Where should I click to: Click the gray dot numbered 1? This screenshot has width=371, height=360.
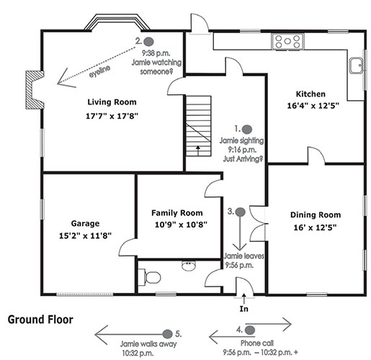tap(247, 130)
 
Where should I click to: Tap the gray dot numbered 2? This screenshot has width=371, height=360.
tap(148, 42)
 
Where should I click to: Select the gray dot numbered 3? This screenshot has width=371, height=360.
tap(240, 212)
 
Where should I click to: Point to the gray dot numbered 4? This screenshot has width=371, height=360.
tap(250, 330)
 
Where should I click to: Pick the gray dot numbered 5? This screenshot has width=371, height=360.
tap(167, 334)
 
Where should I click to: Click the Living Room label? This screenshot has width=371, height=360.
tap(112, 102)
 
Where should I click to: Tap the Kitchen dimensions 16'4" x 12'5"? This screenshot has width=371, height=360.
tap(313, 106)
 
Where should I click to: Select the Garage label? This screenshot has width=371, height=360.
tap(85, 223)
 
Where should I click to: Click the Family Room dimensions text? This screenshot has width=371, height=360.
tap(181, 225)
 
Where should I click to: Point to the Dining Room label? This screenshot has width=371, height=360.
tap(316, 215)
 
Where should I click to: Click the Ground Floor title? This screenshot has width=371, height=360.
tap(40, 320)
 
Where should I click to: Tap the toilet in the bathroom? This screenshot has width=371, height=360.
tap(149, 277)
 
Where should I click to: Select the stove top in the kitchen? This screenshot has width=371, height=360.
tap(287, 42)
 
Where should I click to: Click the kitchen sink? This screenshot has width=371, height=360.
tap(357, 66)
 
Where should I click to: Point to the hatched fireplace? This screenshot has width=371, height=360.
tap(35, 90)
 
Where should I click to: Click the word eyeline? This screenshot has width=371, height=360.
tap(99, 71)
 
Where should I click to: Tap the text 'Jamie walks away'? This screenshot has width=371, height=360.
tap(148, 344)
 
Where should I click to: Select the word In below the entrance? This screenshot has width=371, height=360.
tap(243, 309)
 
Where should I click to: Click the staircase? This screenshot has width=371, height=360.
tap(199, 126)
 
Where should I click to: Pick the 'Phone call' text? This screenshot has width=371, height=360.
tap(257, 343)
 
